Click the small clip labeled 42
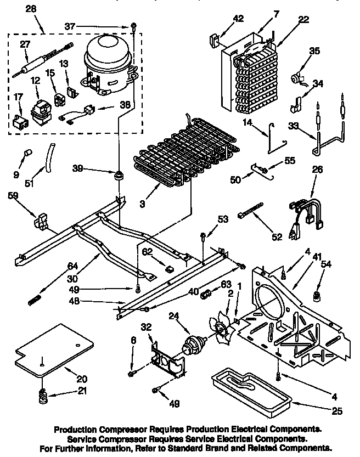click(x=215, y=40)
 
